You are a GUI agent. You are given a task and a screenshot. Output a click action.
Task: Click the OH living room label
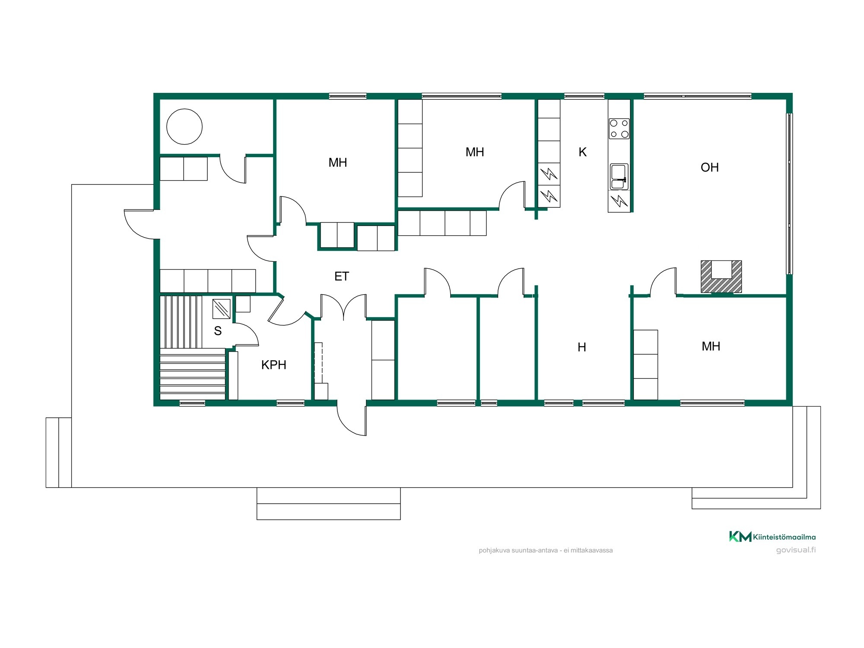pos(710,167)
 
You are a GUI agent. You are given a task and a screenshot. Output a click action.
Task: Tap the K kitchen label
pos(582,152)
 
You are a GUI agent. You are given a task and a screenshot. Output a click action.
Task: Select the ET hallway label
pos(341,276)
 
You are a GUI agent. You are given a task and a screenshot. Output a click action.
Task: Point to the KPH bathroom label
pos(274,365)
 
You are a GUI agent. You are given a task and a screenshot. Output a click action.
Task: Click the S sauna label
pos(218,331)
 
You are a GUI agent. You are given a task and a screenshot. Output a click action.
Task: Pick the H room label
pos(582,347)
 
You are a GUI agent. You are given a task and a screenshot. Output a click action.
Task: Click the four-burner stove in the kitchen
pos(619,129)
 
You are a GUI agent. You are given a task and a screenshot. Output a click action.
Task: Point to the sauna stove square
pos(221,309)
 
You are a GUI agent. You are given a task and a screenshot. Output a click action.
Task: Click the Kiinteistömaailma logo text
pos(785,537)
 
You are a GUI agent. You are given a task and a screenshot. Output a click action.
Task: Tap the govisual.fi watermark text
pos(796,550)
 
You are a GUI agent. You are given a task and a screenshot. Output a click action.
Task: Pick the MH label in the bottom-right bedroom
pos(711,346)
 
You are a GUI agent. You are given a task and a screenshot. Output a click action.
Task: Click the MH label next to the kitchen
pos(474,152)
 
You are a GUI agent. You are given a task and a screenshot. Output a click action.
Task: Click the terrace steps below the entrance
pos(328,504)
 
